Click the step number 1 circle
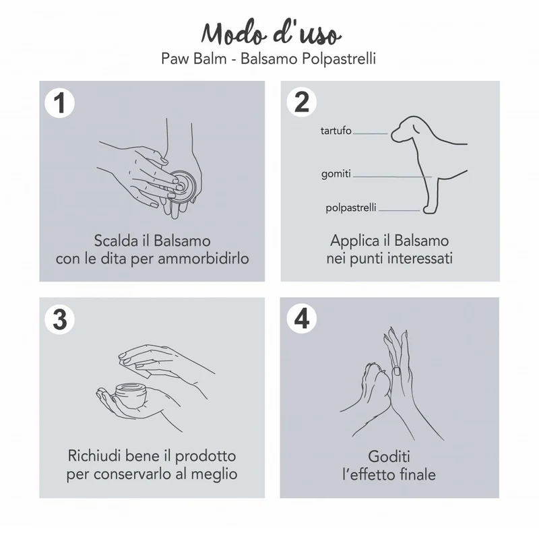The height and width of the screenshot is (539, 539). coord(60,103)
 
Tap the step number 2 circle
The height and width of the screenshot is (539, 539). coord(302,102)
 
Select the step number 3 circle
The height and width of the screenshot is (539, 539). coord(60,319)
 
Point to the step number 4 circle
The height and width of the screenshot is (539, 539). coord(302,318)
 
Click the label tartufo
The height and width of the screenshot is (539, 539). coord(336,131)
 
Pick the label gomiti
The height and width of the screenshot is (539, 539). coord(336,174)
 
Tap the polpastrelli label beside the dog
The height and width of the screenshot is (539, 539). coord(351,208)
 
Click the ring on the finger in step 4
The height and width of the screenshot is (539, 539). coord(397,371)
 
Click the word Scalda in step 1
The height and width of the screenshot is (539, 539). coord(116,241)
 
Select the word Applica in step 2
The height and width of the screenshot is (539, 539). coord(355,241)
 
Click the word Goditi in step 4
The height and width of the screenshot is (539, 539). coord(389,457)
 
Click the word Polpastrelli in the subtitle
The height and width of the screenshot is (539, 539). coord(339,59)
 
